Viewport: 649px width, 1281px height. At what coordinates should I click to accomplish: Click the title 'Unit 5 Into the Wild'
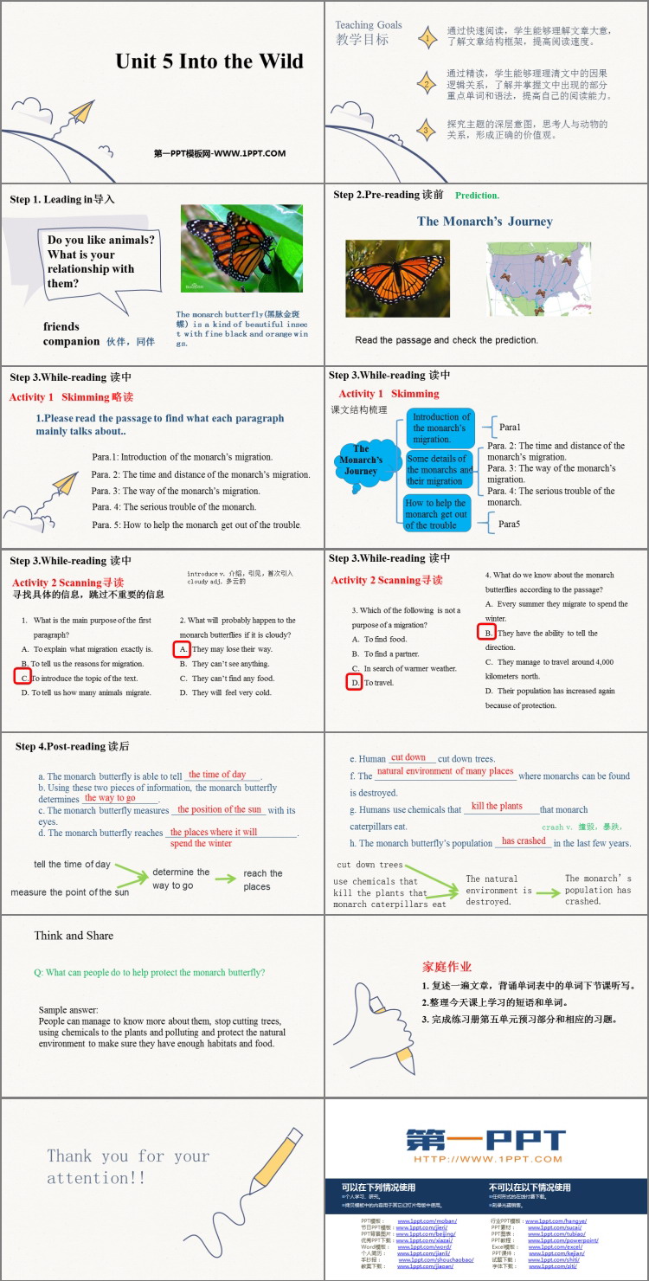click(209, 61)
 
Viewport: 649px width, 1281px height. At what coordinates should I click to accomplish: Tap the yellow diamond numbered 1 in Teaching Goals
click(427, 37)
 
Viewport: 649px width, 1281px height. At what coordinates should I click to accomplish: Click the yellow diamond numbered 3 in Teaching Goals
click(427, 131)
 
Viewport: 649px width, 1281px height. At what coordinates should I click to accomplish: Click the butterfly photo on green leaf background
click(241, 248)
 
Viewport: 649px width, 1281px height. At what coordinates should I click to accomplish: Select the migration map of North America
click(538, 279)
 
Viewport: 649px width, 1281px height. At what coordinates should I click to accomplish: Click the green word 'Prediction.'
click(477, 196)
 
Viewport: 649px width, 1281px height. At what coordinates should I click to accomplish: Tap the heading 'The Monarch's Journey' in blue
click(485, 222)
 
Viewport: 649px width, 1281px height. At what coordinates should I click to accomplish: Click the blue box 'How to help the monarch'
click(437, 513)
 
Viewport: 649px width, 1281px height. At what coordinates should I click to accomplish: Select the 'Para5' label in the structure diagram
click(510, 524)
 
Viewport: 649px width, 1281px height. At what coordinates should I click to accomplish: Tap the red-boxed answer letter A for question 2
click(183, 648)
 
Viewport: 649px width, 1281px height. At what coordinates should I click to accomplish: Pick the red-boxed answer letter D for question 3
click(355, 683)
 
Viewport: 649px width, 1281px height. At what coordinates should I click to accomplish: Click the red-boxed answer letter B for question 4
click(488, 633)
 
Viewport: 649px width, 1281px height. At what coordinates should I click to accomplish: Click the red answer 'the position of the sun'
click(219, 809)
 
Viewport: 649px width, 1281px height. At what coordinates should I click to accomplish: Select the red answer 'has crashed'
click(524, 840)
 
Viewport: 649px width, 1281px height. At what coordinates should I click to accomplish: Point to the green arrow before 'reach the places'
click(226, 879)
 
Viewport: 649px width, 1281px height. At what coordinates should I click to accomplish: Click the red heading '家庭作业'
click(447, 967)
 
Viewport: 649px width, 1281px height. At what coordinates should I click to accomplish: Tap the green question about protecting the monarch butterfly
click(150, 972)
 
